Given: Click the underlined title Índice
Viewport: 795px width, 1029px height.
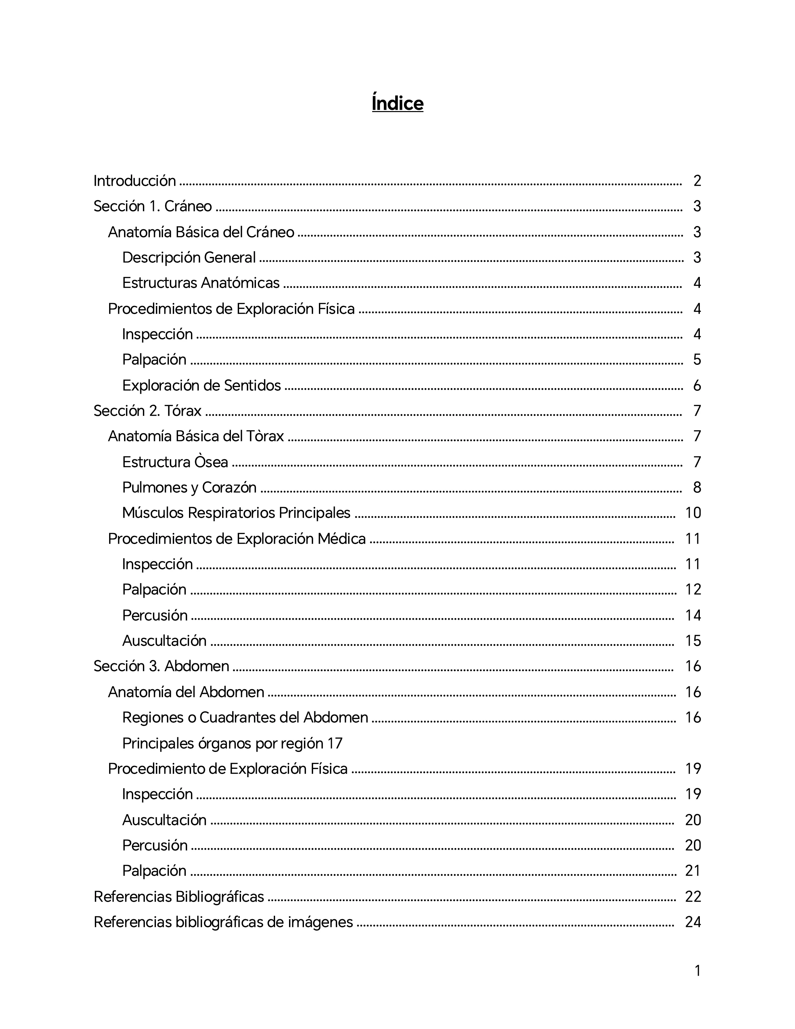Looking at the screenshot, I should tap(397, 103).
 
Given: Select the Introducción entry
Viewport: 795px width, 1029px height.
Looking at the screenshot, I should tap(135, 181).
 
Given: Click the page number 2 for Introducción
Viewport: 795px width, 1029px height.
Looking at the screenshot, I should tap(697, 181).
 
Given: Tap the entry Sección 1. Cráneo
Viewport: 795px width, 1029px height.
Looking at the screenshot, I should tap(153, 206).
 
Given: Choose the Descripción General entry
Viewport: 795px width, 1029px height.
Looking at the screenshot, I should tap(189, 257).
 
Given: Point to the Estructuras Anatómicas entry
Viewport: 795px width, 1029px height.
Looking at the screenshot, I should tap(201, 283).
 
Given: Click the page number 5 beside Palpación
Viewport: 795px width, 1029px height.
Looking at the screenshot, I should tap(697, 360).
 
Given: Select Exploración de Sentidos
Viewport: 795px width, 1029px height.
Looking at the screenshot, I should tap(202, 386).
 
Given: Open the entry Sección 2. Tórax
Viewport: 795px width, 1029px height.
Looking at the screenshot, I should tap(147, 411).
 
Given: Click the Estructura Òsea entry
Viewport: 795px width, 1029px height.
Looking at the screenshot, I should tap(175, 462).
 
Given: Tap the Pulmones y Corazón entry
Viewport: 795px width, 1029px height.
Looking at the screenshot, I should tap(189, 487).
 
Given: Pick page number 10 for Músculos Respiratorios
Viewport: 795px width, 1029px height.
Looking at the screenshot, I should tap(693, 513).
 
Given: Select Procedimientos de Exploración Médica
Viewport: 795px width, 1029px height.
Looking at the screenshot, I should tap(237, 539).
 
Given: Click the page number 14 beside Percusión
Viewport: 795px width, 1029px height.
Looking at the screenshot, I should tap(693, 615).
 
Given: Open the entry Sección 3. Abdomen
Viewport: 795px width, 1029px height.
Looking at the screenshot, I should tap(161, 666).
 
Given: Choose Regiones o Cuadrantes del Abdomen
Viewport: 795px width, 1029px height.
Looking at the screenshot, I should tap(246, 718).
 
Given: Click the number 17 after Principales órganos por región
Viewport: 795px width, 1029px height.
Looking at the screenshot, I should tap(334, 743).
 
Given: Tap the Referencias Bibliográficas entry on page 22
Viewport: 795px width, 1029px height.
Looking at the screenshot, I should tap(179, 896).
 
